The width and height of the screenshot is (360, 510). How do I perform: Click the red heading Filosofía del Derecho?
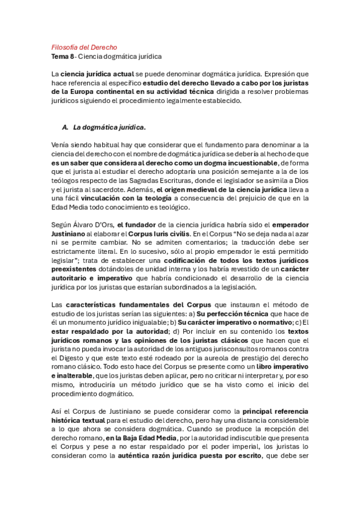click(x=84, y=47)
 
